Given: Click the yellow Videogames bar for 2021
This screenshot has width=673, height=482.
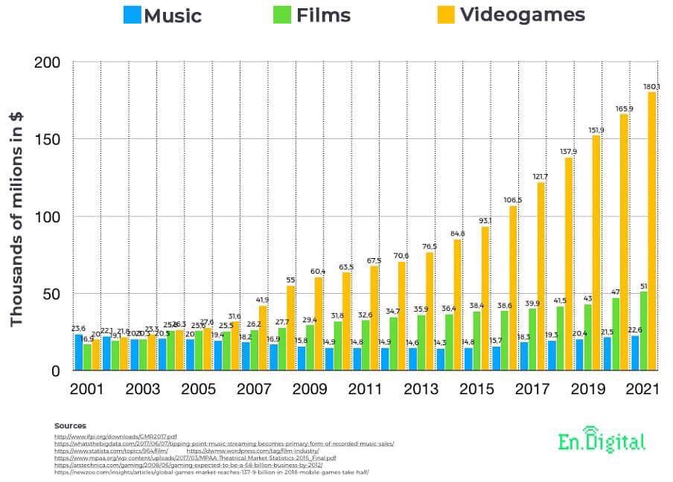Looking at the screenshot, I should [x=652, y=231].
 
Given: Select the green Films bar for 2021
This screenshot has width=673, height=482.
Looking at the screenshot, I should [x=643, y=331].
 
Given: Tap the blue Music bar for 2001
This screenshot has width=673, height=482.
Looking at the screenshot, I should [x=78, y=352].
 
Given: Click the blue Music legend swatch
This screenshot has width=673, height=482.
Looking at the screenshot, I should [x=132, y=15].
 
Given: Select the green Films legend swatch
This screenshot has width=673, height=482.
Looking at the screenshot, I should [x=284, y=15].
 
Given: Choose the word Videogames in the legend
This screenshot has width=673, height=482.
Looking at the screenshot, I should [x=522, y=15].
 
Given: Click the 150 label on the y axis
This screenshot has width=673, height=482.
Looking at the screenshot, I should [x=46, y=140].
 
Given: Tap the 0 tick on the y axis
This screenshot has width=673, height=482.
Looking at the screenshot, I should [x=56, y=371].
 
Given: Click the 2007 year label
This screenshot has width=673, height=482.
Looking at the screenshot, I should [x=254, y=390].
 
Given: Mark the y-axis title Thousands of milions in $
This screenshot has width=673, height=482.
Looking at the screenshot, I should [x=16, y=216].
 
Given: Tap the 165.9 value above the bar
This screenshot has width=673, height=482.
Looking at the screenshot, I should [x=624, y=109].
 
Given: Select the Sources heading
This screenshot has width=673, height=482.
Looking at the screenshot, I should [x=70, y=425].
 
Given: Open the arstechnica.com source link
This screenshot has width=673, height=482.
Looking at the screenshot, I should [x=188, y=465].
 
